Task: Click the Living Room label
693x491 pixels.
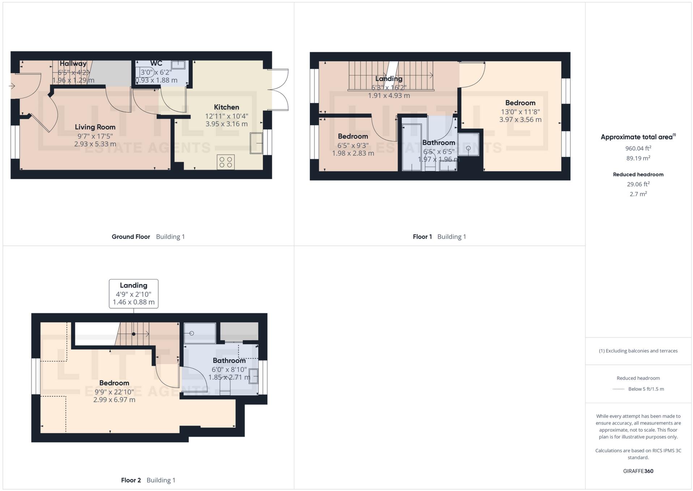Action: click(x=95, y=127)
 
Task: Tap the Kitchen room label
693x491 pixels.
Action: click(x=226, y=107)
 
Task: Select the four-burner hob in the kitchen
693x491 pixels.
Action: click(x=226, y=162)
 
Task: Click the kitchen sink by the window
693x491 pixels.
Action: click(x=256, y=143)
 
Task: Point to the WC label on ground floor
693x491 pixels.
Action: click(x=156, y=63)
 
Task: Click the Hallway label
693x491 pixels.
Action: click(x=73, y=64)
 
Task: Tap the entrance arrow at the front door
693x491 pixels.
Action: click(x=12, y=86)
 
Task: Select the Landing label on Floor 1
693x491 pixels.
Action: click(x=389, y=79)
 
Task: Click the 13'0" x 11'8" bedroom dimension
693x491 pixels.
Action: click(x=520, y=112)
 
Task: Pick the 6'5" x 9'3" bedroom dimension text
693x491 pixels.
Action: click(x=353, y=145)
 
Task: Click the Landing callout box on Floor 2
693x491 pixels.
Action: click(x=133, y=293)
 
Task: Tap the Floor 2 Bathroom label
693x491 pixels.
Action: click(x=229, y=360)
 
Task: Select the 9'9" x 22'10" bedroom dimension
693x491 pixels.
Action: click(x=114, y=392)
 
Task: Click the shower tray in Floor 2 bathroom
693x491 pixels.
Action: click(x=200, y=333)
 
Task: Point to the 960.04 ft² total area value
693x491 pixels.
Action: click(x=638, y=148)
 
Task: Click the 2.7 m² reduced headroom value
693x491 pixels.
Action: click(x=638, y=194)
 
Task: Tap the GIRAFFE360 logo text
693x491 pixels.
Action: click(x=638, y=471)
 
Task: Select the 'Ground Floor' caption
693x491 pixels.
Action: click(x=131, y=237)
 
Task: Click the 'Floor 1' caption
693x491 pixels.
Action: click(x=422, y=237)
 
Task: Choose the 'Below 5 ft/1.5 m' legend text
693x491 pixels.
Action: click(x=646, y=389)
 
